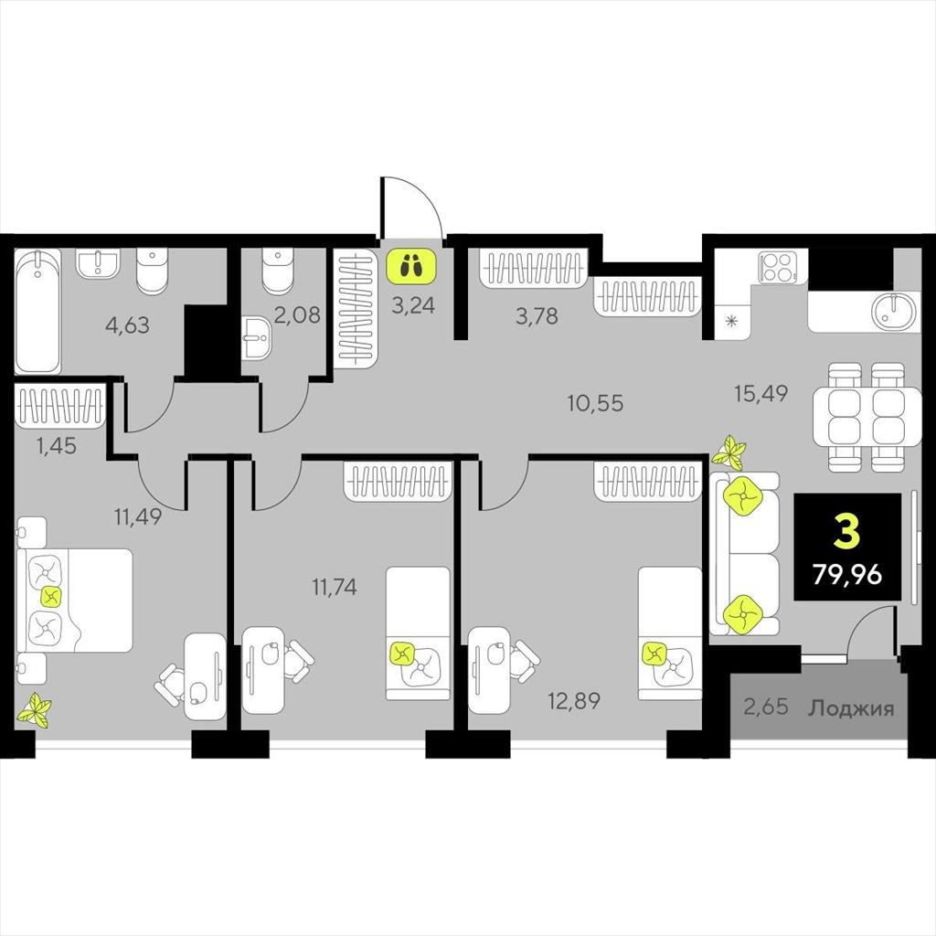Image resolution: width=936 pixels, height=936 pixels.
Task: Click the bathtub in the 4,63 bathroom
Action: pyautogui.click(x=37, y=311)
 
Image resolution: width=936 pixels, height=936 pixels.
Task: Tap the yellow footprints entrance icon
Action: pyautogui.click(x=411, y=266)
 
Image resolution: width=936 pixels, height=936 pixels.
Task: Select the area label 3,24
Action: pyautogui.click(x=413, y=305)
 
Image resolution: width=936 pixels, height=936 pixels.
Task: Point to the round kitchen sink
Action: pyautogui.click(x=893, y=311)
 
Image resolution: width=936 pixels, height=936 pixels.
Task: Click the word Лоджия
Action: pyautogui.click(x=851, y=708)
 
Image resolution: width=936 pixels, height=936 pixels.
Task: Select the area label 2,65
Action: pyautogui.click(x=766, y=707)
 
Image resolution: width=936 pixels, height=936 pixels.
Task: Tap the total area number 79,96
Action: pyautogui.click(x=847, y=574)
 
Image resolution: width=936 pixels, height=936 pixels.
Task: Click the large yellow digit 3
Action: pyautogui.click(x=847, y=533)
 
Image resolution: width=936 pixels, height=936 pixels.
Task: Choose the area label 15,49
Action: pyautogui.click(x=761, y=393)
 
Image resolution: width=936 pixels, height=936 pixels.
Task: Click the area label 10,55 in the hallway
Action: pyautogui.click(x=595, y=403)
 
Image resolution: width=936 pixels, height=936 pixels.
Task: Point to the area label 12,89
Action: pyautogui.click(x=574, y=701)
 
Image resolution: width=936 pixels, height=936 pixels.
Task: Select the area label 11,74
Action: pyautogui.click(x=335, y=588)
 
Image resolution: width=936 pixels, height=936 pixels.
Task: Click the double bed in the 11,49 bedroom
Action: pyautogui.click(x=74, y=600)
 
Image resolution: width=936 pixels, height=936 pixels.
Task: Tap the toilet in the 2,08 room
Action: pyautogui.click(x=278, y=271)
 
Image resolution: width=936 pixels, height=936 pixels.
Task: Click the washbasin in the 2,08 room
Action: pyautogui.click(x=258, y=338)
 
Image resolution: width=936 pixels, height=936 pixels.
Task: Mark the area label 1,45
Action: pyautogui.click(x=57, y=445)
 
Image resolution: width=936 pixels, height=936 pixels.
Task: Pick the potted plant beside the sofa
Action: pyautogui.click(x=729, y=452)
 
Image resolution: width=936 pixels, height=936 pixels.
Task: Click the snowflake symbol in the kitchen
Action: pyautogui.click(x=731, y=322)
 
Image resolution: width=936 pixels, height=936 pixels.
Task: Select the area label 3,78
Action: pyautogui.click(x=537, y=315)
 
